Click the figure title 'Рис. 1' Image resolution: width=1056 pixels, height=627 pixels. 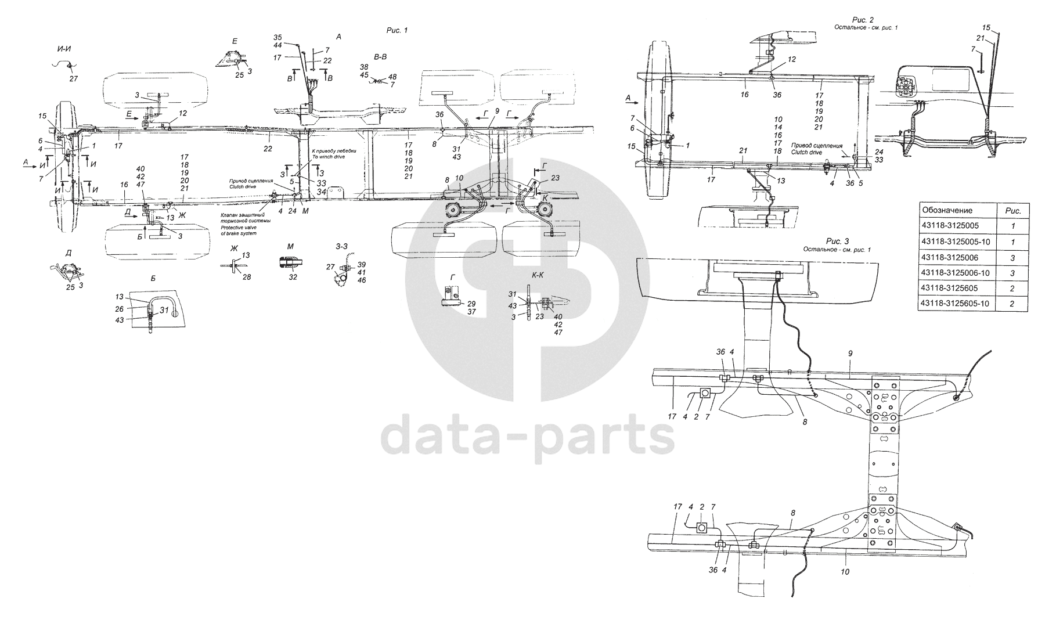(397, 30)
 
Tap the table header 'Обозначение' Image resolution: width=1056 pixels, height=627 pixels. (946, 210)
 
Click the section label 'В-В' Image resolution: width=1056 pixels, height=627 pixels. (381, 57)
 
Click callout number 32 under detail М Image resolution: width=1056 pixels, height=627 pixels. (293, 278)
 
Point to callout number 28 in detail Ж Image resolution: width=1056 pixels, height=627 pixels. (247, 278)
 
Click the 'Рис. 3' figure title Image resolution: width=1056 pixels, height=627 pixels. (837, 241)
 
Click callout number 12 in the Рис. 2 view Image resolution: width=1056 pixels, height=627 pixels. (792, 59)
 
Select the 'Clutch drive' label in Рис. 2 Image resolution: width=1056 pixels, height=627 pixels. (807, 152)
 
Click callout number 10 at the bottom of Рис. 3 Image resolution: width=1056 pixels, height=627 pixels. (845, 572)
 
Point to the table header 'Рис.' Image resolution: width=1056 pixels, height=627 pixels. (1012, 210)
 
